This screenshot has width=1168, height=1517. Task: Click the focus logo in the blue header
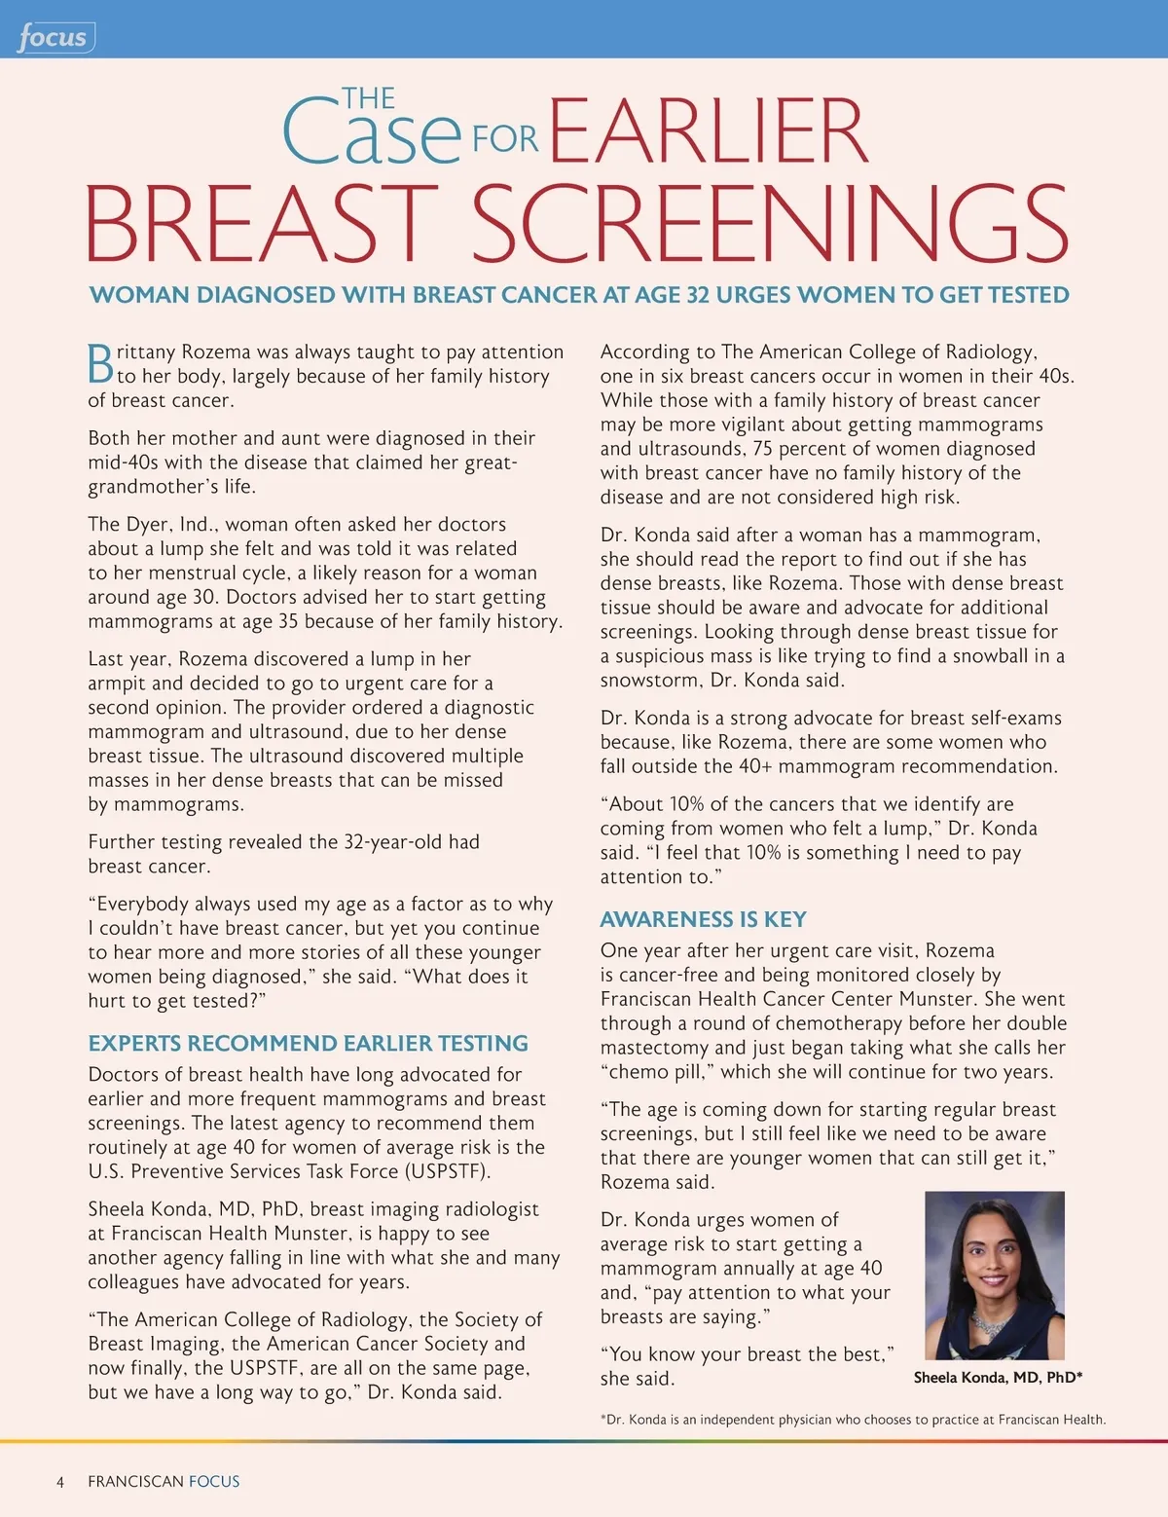click(x=54, y=38)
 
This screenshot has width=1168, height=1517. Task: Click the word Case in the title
click(x=370, y=133)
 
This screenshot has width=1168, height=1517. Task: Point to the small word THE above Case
click(x=368, y=98)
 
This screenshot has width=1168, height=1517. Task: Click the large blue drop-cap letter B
click(x=100, y=363)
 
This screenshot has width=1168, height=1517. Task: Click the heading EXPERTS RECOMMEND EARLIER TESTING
click(x=308, y=1043)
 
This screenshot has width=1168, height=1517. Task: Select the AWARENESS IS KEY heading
click(x=703, y=919)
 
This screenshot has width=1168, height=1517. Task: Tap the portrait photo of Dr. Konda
click(x=994, y=1275)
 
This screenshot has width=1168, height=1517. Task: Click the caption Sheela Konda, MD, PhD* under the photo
click(x=998, y=1377)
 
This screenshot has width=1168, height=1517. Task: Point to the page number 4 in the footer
click(x=60, y=1481)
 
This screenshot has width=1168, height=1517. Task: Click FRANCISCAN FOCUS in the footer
click(x=164, y=1481)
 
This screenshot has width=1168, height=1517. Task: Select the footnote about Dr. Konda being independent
click(x=853, y=1420)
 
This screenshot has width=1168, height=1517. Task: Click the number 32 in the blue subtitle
click(x=698, y=295)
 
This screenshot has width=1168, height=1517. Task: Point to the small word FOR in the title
click(x=504, y=139)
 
